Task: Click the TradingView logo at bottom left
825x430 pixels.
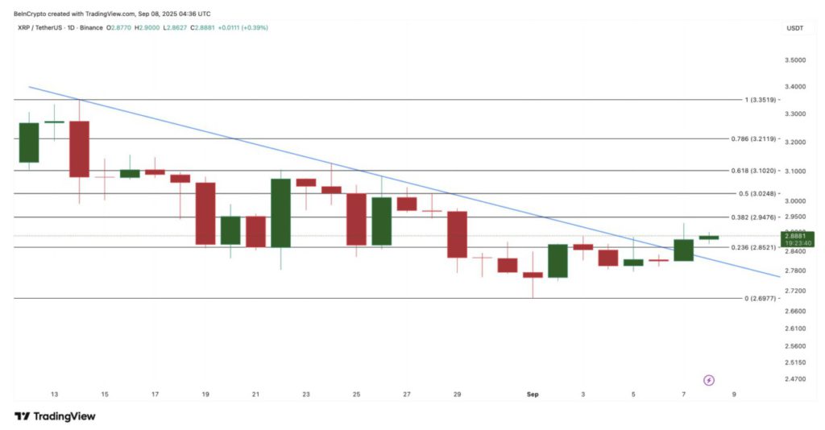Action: (55, 416)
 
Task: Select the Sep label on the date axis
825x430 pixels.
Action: (532, 395)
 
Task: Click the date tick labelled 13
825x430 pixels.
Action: (54, 395)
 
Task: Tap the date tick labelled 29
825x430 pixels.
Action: (457, 395)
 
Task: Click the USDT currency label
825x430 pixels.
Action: (794, 28)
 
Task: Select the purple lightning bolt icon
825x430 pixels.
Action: (709, 379)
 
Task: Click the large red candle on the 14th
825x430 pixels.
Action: (79, 149)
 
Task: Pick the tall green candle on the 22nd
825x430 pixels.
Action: (280, 213)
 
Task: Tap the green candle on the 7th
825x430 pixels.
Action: (683, 250)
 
